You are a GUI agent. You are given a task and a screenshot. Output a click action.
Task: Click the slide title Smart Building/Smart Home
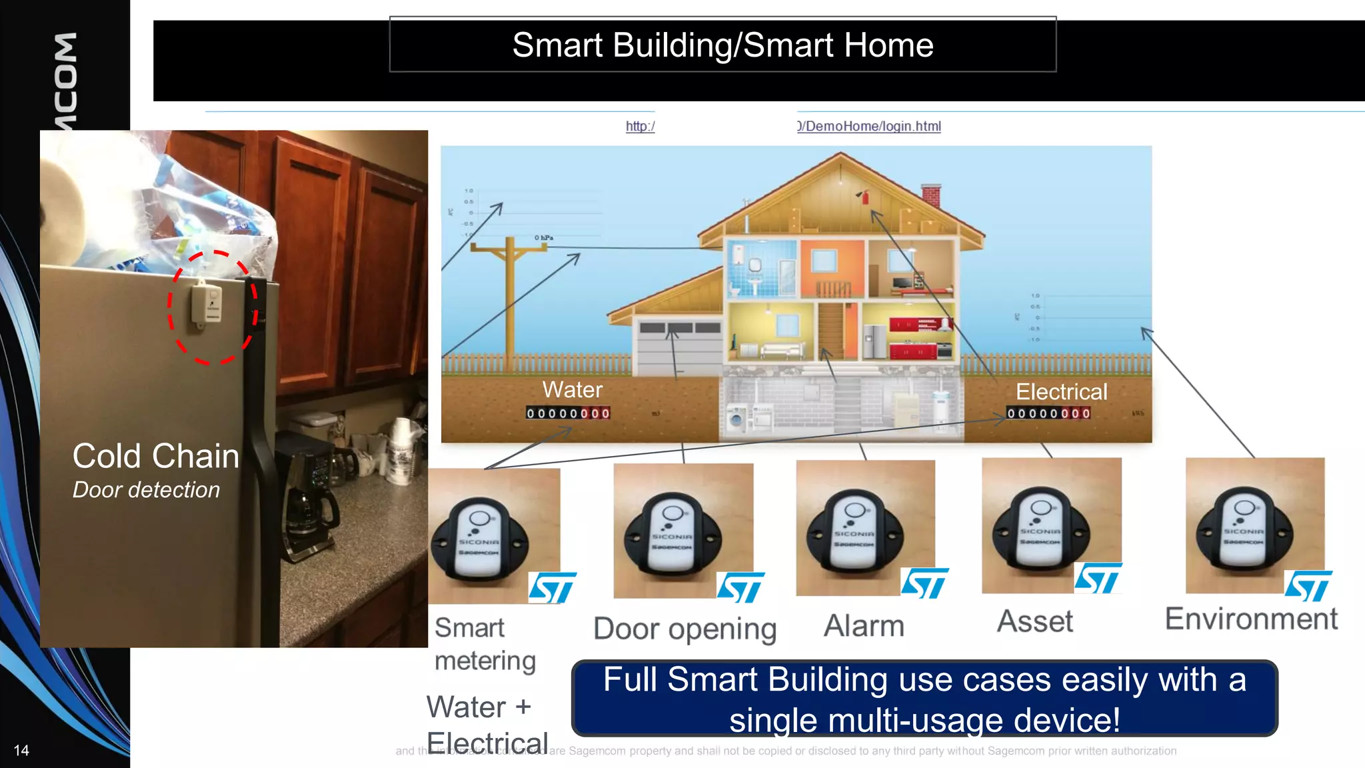click(x=722, y=45)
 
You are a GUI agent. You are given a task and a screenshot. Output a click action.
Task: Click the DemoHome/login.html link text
click(x=870, y=126)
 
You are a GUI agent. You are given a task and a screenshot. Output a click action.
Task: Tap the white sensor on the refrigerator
click(x=207, y=305)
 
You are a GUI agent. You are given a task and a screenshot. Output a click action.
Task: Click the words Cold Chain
click(x=155, y=457)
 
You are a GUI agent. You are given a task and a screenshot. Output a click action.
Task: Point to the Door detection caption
click(x=146, y=490)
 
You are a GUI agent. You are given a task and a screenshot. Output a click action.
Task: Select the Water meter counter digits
click(x=568, y=413)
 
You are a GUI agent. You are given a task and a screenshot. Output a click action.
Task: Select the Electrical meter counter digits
click(x=1048, y=413)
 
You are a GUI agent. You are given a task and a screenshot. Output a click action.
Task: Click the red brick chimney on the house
click(x=930, y=196)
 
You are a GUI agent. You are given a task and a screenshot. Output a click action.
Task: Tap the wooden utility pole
click(x=510, y=300)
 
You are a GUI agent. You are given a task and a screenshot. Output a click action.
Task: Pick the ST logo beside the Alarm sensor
click(x=924, y=583)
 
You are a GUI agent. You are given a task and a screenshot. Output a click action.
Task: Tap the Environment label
click(x=1251, y=619)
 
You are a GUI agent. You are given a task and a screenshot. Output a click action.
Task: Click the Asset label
click(x=1034, y=621)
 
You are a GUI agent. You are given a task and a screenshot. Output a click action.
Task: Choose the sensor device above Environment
click(x=1244, y=530)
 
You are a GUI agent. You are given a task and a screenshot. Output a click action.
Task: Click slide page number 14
click(x=21, y=751)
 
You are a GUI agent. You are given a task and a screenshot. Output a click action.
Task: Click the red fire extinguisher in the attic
click(x=865, y=197)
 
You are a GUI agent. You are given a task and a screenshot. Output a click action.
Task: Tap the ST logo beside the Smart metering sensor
click(x=552, y=588)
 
